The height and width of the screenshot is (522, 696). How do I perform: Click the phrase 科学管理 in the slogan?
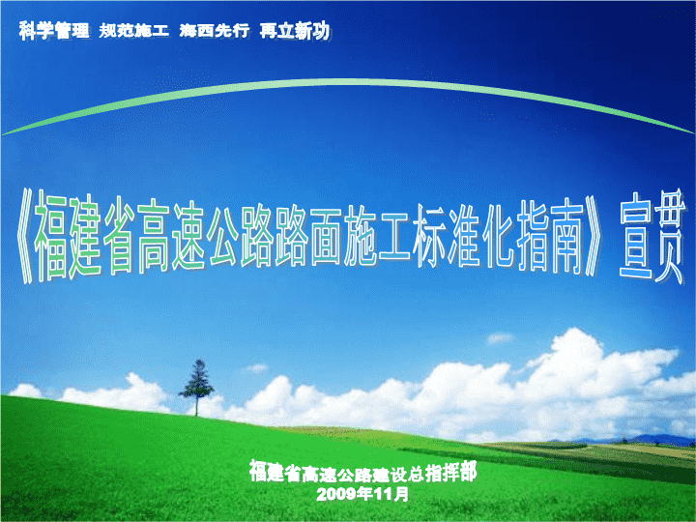pos(54,31)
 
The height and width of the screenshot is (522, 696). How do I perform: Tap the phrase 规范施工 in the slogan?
pos(134,31)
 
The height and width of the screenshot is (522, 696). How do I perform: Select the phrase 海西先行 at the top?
pos(215,31)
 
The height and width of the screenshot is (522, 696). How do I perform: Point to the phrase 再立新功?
pos(294,31)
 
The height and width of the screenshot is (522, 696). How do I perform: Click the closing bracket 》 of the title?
pos(593,236)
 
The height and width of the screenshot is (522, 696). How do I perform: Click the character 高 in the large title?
pos(154,237)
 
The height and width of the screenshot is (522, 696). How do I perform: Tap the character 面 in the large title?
pos(326,237)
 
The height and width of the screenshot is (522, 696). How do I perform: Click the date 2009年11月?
pos(362,494)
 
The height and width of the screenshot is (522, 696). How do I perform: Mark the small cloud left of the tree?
pos(26,391)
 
